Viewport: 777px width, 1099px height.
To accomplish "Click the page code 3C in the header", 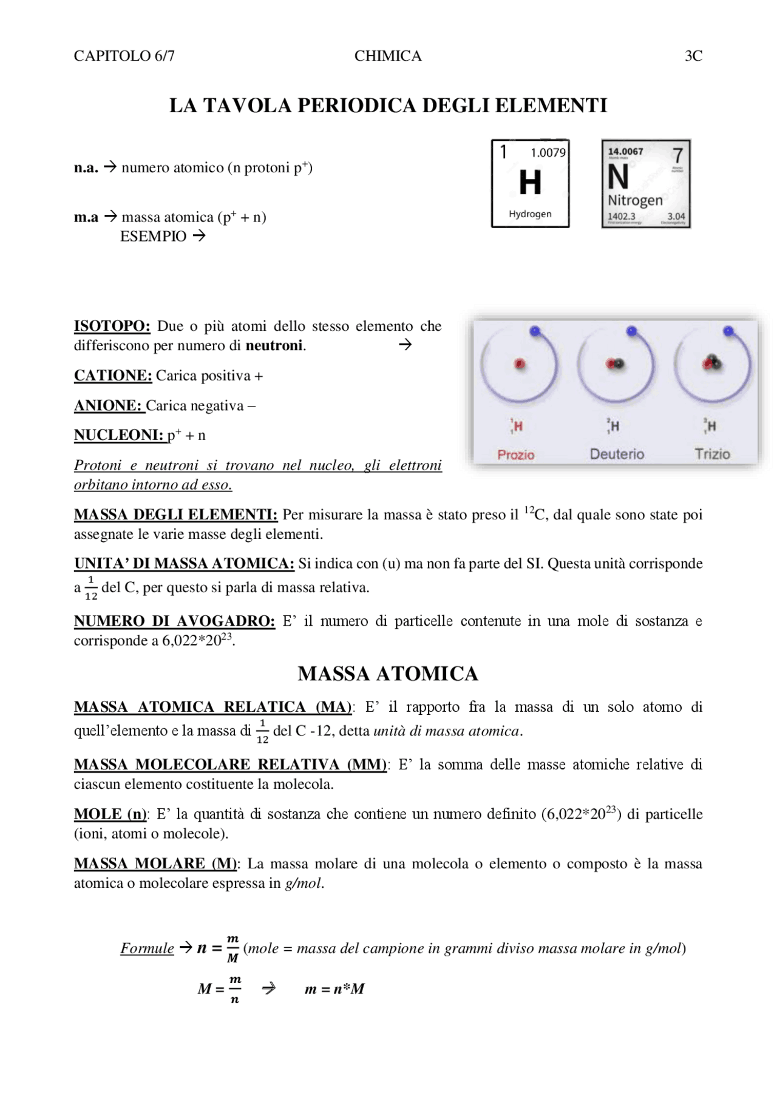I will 693,56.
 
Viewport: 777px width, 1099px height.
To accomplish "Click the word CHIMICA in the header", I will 388,56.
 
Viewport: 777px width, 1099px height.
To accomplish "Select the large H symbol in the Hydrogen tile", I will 530,183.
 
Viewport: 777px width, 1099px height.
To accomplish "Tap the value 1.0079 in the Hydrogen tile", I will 548,153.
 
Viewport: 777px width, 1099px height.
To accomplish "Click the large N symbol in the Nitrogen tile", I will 618,178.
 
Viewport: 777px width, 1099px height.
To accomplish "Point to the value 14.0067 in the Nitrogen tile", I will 625,152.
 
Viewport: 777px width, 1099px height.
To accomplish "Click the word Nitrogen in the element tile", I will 635,200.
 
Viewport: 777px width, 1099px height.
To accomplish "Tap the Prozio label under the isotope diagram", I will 516,455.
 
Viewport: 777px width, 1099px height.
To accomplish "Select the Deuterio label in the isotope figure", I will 617,454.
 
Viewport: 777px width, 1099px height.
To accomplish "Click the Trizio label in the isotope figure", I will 712,454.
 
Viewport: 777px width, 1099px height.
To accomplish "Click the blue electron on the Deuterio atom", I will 631,331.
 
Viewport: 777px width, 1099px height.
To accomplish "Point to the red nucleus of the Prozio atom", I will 520,364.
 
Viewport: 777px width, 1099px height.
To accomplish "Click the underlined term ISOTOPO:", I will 112,326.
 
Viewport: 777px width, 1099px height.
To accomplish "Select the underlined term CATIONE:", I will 113,376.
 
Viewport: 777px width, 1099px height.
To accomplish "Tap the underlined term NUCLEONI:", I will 118,435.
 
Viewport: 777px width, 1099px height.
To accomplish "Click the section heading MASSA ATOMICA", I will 388,674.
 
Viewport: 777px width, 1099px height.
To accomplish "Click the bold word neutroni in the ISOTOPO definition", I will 274,346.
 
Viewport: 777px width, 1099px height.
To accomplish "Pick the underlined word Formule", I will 147,948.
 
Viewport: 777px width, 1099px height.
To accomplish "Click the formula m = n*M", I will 334,989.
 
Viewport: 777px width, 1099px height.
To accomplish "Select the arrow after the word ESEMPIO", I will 199,236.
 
